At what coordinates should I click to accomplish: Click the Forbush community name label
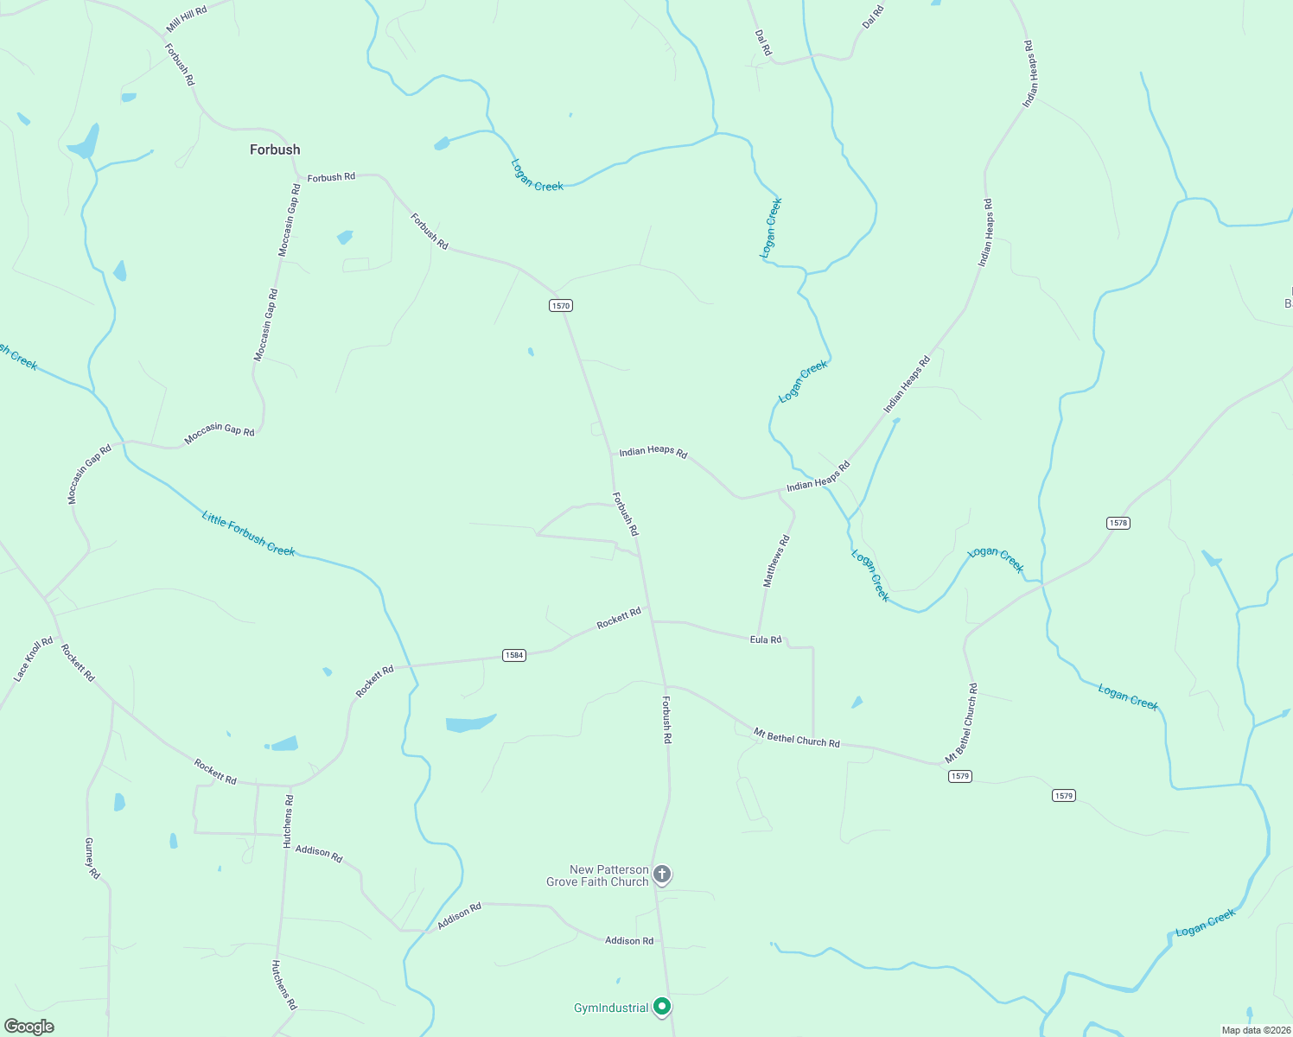(275, 150)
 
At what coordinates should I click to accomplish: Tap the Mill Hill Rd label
(187, 20)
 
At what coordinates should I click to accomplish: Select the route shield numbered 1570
(561, 306)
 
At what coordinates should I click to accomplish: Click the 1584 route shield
(514, 655)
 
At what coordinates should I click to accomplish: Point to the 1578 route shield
(1118, 523)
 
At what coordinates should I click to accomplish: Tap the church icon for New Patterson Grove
(662, 875)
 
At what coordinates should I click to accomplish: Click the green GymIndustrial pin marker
(662, 1007)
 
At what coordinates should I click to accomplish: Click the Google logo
(29, 1027)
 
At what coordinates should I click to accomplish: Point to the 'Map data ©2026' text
(1254, 1030)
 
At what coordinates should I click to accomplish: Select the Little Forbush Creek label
(248, 534)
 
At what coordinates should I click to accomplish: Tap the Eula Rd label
(766, 639)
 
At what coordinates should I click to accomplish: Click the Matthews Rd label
(776, 562)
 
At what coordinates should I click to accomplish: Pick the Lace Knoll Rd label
(34, 660)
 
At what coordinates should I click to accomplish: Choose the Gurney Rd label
(92, 858)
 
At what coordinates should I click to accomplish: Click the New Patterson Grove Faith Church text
(597, 875)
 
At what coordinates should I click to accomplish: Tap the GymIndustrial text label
(611, 1008)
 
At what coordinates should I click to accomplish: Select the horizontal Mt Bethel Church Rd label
(796, 738)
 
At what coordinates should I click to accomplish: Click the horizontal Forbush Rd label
(331, 177)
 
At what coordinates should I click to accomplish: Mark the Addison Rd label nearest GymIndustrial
(629, 940)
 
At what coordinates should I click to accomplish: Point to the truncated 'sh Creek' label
(19, 357)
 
